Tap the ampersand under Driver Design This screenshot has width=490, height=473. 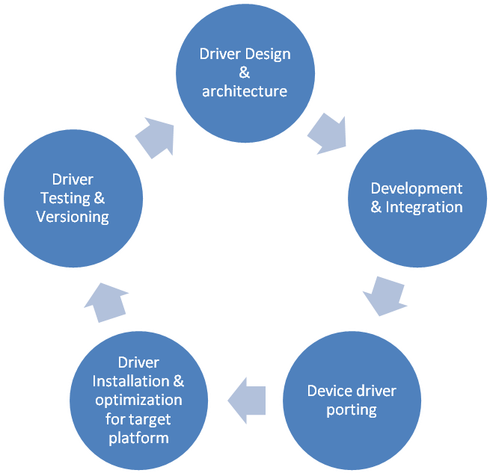(x=244, y=73)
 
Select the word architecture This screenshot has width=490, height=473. (x=244, y=92)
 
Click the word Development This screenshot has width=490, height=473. (x=417, y=188)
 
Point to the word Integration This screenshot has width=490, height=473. (x=424, y=207)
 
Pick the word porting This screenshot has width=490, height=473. (x=352, y=410)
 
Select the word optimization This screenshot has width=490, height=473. (x=138, y=400)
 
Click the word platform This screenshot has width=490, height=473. (x=138, y=437)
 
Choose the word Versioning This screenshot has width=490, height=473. (x=73, y=217)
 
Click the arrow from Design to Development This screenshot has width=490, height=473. (x=327, y=133)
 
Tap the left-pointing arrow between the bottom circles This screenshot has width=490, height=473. (x=246, y=396)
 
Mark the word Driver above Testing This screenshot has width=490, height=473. (x=73, y=179)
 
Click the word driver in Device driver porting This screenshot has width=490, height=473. (x=376, y=392)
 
